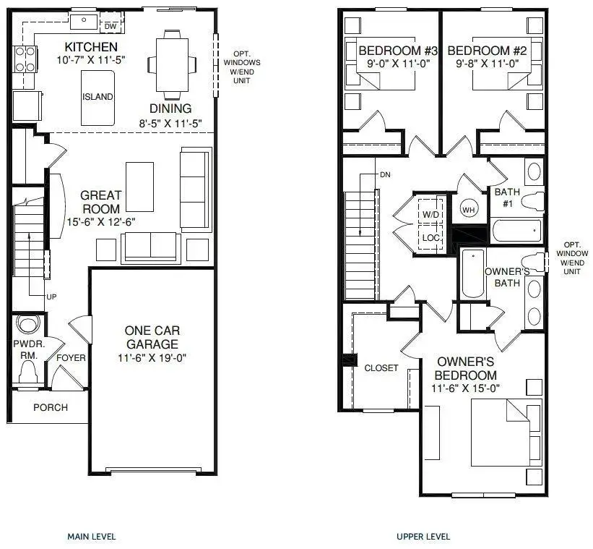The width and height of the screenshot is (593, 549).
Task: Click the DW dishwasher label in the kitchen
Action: coord(111,26)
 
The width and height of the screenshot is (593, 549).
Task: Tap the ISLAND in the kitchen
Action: coord(98,97)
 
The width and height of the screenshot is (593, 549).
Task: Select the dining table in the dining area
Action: coord(172,64)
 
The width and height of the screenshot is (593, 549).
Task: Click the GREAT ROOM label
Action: coord(100,202)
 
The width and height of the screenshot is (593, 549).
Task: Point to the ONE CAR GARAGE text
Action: coord(150,337)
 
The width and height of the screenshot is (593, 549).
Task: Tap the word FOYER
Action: coord(71,358)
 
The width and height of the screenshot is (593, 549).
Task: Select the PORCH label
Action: coord(51,407)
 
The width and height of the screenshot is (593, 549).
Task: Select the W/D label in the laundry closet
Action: coord(431,215)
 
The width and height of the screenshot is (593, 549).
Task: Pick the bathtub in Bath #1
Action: coord(516,231)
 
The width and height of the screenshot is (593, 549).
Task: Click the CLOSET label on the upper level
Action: coord(381,367)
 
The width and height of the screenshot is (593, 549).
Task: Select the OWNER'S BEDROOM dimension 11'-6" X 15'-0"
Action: coord(464,389)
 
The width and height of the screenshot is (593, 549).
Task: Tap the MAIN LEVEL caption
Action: coord(91,537)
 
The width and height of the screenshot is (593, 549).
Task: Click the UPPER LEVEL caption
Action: coord(423,537)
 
